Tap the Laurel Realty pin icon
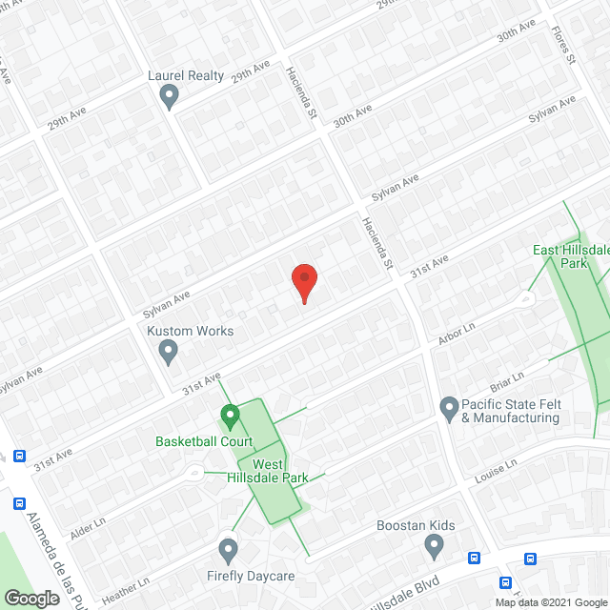170,95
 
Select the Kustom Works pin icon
169,352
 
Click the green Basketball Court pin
229,417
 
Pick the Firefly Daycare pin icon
227,550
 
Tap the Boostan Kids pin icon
435,546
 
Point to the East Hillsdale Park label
572,256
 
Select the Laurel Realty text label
185,75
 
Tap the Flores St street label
563,44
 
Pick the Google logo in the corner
31,598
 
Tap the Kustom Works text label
190,331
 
